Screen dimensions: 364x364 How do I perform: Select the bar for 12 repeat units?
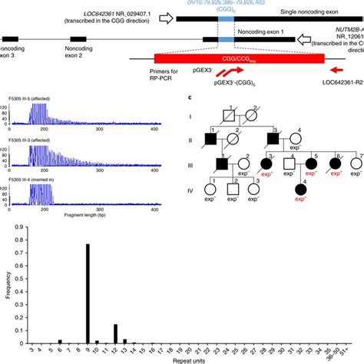click(115, 327)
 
